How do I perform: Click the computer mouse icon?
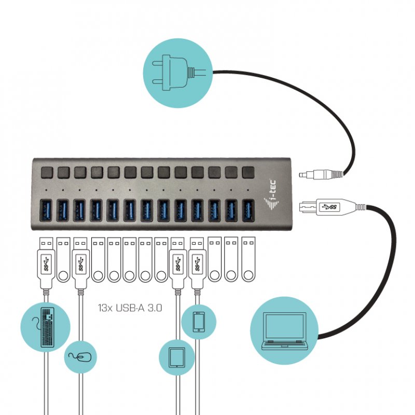81,356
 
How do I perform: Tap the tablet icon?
176,357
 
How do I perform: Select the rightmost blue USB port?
248,211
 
